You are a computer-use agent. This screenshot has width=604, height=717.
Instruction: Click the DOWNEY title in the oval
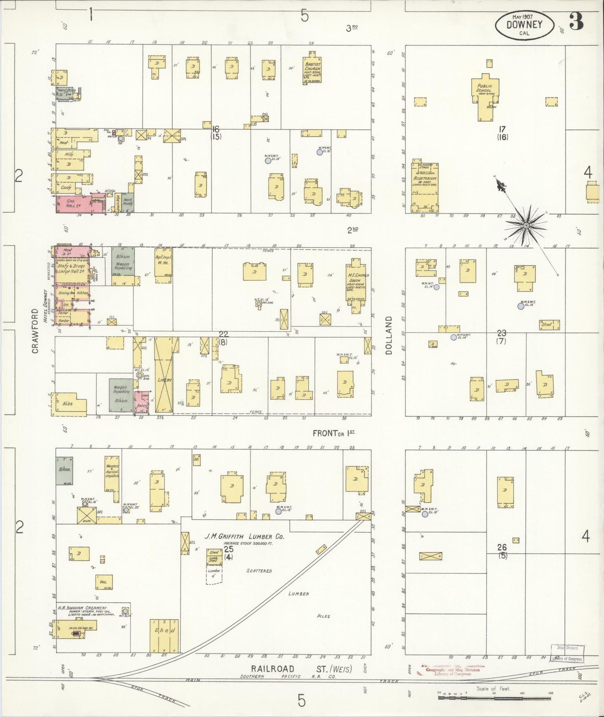click(524, 24)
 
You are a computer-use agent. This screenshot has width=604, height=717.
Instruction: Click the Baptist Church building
click(312, 69)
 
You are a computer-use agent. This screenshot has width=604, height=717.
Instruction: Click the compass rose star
click(526, 226)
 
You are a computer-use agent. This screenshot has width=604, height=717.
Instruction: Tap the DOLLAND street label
click(389, 335)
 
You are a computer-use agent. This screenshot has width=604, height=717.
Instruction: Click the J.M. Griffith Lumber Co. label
click(244, 536)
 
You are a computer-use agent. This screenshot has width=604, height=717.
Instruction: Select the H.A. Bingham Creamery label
click(82, 608)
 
